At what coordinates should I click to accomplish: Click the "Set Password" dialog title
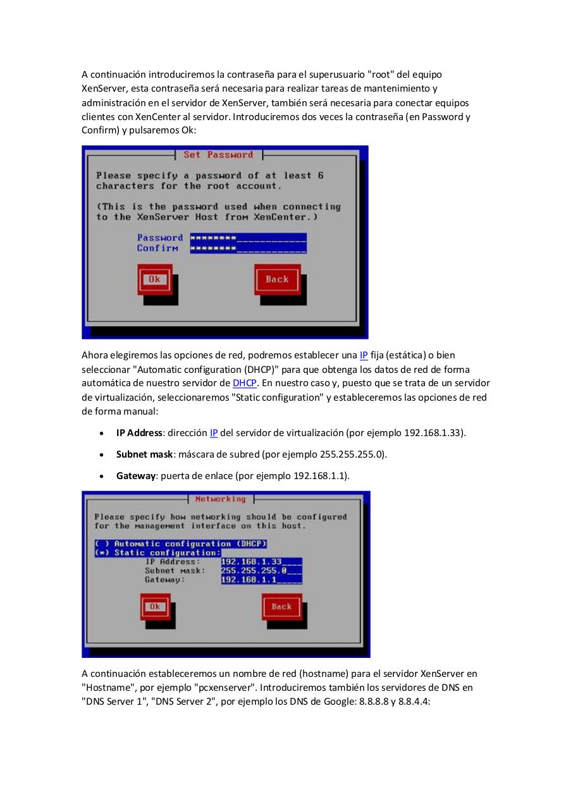point(218,155)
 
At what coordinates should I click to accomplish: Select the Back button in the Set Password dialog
point(277,279)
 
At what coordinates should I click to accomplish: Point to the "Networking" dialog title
point(220,499)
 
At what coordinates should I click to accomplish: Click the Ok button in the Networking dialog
point(156,607)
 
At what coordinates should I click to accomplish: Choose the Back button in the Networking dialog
point(281,607)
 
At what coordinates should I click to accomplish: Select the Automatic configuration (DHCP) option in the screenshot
point(181,544)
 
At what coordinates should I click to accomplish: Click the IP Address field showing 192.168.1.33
point(261,561)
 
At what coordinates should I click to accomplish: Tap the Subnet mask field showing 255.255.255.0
point(261,570)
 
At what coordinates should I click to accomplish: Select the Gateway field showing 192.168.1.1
point(261,579)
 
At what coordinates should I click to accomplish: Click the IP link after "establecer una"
point(364,355)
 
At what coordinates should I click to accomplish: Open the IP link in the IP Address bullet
point(214,433)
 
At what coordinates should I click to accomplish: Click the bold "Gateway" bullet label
point(135,476)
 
